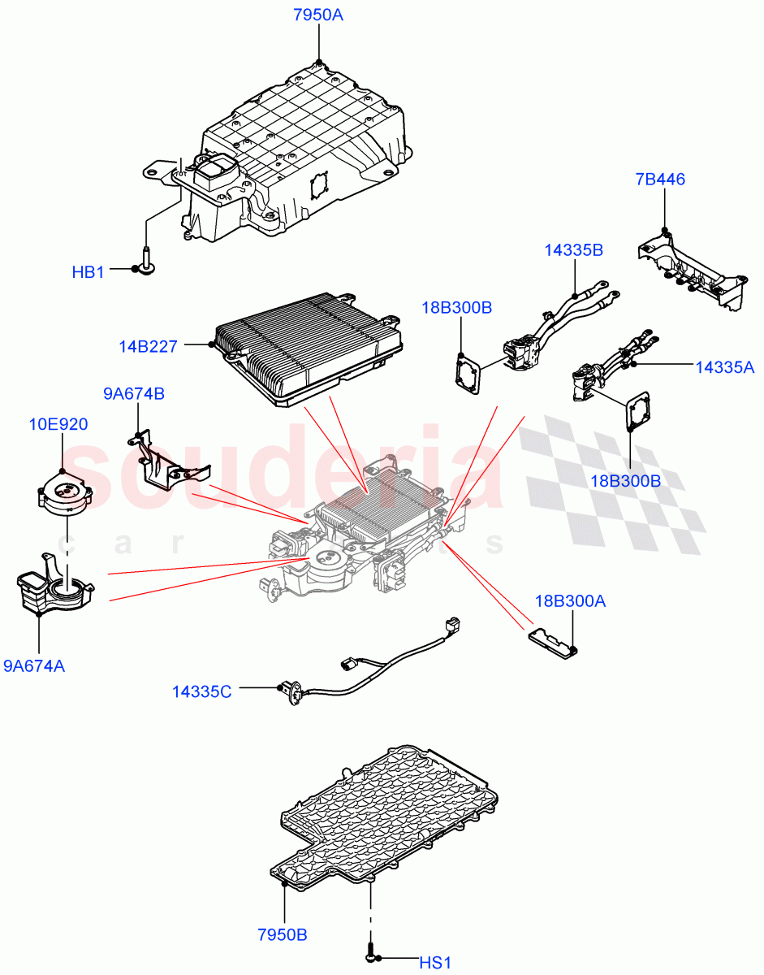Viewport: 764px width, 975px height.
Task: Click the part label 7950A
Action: (x=318, y=14)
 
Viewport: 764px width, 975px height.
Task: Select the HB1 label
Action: (x=88, y=273)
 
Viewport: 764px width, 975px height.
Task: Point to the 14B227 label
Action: (x=148, y=346)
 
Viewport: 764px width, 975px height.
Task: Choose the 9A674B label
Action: (x=134, y=394)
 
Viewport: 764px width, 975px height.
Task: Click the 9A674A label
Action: (x=34, y=666)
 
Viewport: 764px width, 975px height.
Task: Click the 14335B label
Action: (x=573, y=250)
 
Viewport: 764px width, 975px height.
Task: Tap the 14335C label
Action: (x=201, y=691)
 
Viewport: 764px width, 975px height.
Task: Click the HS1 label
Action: (x=434, y=963)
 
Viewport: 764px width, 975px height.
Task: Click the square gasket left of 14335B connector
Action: (x=468, y=373)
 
